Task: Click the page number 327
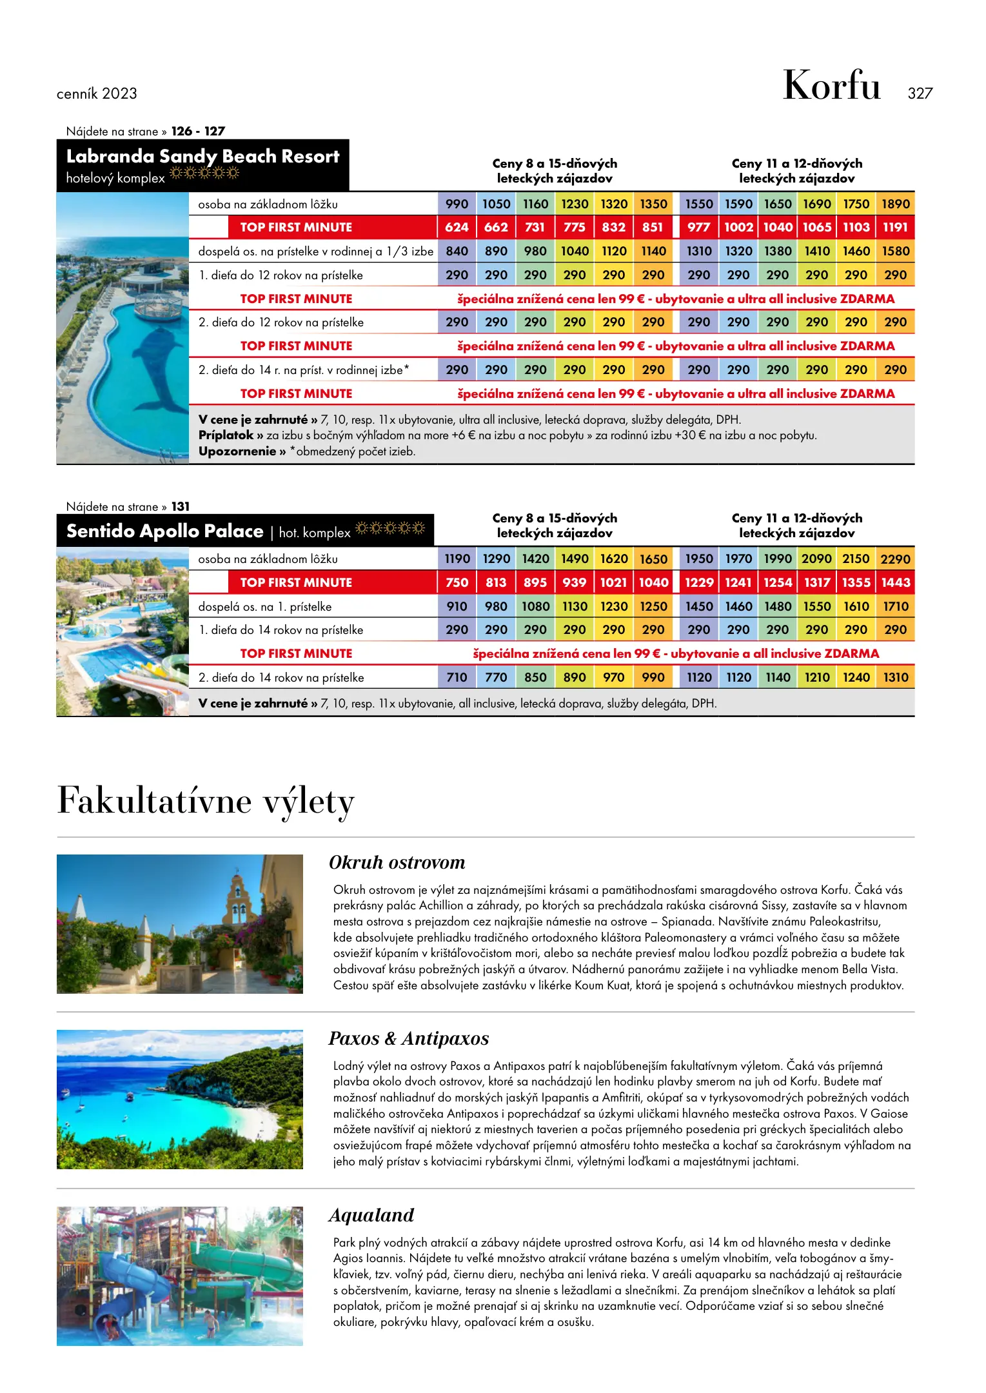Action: (x=920, y=94)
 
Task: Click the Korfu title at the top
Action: (x=831, y=86)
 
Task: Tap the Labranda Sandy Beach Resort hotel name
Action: (x=202, y=156)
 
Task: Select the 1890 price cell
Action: (x=895, y=204)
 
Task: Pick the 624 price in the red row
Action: (x=457, y=227)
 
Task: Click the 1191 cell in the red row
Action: (x=895, y=227)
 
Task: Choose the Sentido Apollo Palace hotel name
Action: (x=164, y=531)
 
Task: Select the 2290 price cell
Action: (x=895, y=559)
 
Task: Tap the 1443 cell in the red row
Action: (x=895, y=582)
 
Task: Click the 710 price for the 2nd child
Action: (x=457, y=677)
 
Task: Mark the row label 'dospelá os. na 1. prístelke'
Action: (x=265, y=606)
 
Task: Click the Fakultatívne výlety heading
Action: (x=206, y=801)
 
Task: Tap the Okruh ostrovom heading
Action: (x=397, y=862)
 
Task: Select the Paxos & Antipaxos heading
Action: (x=408, y=1038)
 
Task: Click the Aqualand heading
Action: (x=371, y=1215)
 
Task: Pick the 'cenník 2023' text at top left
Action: (x=97, y=94)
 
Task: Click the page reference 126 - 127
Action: (x=198, y=131)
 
